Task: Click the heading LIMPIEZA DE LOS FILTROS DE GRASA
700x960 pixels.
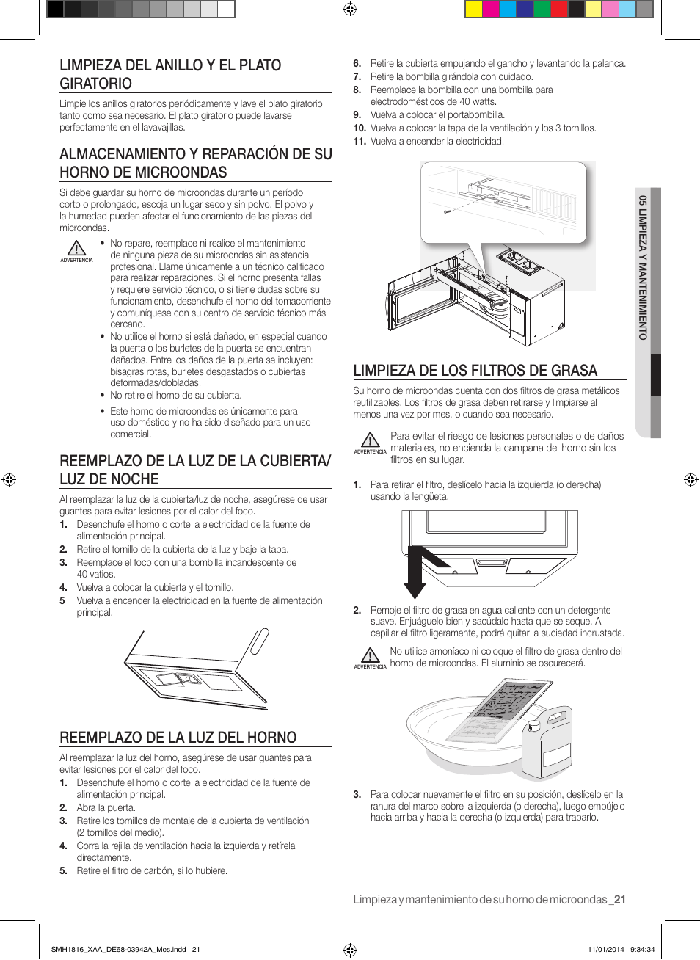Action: click(x=475, y=371)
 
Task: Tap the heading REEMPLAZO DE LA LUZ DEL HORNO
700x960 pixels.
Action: click(x=178, y=738)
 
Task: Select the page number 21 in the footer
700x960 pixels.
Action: click(x=620, y=900)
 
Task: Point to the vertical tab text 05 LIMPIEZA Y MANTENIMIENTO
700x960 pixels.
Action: click(x=643, y=267)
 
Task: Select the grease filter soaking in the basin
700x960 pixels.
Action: click(x=503, y=708)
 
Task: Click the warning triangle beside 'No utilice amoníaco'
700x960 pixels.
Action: click(x=371, y=655)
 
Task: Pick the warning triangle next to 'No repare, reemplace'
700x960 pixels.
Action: click(x=76, y=249)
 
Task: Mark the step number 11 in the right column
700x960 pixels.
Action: click(x=360, y=142)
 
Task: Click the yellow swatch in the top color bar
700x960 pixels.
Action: click(x=473, y=10)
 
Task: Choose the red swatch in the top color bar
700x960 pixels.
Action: click(x=559, y=10)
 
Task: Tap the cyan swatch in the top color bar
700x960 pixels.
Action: click(x=508, y=10)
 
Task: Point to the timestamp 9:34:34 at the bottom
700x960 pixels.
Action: click(x=642, y=949)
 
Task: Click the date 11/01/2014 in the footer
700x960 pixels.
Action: click(x=605, y=949)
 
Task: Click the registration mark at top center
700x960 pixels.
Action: click(x=350, y=10)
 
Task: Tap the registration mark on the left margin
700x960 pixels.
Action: click(x=9, y=480)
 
